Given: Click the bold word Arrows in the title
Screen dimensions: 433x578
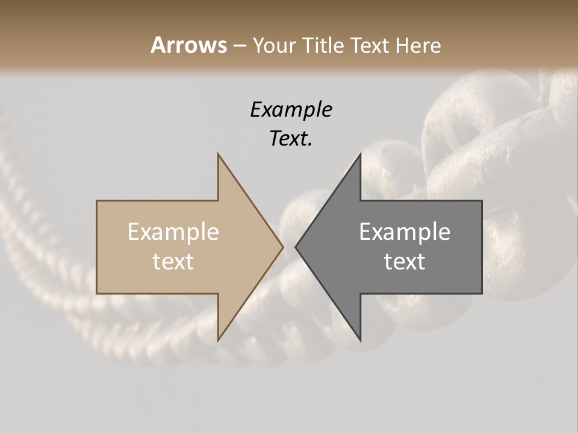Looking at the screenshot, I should [188, 45].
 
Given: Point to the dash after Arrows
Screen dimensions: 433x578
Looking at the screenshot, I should [239, 46].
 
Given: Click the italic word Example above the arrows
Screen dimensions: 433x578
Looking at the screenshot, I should [291, 110].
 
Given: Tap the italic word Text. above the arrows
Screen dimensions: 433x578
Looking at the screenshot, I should [291, 139].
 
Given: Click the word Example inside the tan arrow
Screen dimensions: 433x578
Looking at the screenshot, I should [173, 232].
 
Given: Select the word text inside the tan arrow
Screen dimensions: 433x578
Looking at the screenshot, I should [173, 262].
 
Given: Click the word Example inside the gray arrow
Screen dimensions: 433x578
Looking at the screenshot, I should [405, 232].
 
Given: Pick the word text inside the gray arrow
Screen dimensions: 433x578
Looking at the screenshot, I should [405, 262].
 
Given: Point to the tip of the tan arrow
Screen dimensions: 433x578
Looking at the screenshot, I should [283, 247].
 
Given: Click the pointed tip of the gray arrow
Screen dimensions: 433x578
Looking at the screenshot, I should [296, 247].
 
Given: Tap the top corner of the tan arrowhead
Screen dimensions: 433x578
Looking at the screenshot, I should [218, 153].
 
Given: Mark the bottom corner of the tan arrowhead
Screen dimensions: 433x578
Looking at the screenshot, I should [218, 340].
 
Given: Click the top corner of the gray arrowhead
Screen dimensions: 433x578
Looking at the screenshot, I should [361, 153].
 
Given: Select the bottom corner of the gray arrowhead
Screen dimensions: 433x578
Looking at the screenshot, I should [361, 340].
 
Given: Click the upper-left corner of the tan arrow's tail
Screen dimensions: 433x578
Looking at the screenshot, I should [97, 201].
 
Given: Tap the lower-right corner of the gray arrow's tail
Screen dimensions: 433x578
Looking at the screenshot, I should [482, 293].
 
